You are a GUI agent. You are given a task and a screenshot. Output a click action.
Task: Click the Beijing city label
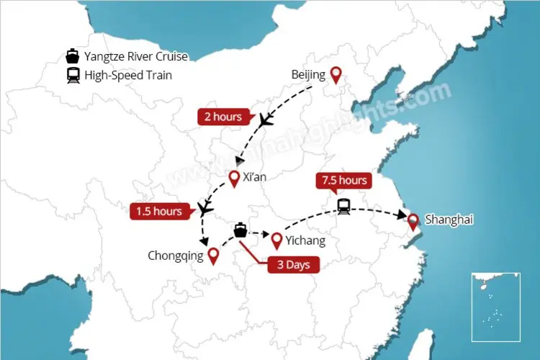pos(308,74)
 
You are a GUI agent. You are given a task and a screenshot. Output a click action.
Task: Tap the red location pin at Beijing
pos(336,73)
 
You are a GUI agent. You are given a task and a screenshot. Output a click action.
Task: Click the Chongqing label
pos(176,255)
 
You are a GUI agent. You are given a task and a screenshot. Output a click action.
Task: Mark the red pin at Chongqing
pos(213,256)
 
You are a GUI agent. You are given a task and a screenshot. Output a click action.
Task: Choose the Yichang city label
pos(305,240)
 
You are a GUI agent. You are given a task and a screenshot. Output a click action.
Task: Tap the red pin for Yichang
pos(276,239)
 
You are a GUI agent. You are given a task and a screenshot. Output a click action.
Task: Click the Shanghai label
pos(449,220)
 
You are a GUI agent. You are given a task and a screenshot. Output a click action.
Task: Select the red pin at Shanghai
pos(413,221)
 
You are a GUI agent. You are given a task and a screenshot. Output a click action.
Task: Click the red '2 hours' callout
pos(223,116)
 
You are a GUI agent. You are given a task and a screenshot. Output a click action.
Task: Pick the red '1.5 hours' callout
pos(160,211)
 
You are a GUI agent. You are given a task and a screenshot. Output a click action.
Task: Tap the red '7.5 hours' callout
pos(345,180)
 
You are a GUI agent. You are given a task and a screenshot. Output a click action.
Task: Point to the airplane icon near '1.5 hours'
pos(205,209)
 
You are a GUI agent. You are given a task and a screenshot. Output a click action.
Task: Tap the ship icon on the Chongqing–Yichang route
pos(241,230)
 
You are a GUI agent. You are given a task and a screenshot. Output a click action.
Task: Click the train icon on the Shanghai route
pos(344,206)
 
